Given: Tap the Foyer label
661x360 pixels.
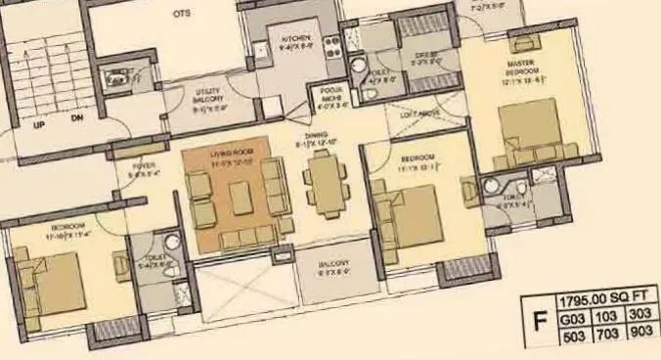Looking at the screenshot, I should click(x=144, y=167).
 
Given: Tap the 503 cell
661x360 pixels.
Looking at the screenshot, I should click(x=572, y=337).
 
